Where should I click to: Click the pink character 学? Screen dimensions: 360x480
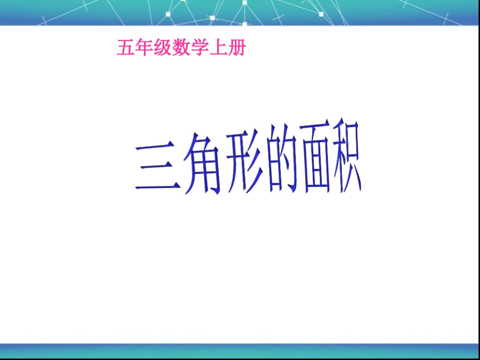click(199, 48)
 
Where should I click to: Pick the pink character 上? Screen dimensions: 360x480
click(217, 48)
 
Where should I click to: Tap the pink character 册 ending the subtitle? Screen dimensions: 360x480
click(236, 48)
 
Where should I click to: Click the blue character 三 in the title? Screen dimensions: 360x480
click(158, 167)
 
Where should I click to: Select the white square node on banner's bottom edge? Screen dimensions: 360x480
click(245, 24)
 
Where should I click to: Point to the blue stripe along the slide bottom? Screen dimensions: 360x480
click(240, 350)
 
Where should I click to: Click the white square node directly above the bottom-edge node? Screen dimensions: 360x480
click(245, 3)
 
